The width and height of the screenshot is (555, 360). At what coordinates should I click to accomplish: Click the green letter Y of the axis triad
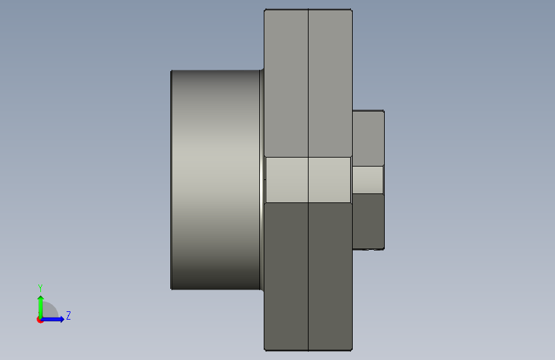pyautogui.click(x=40, y=288)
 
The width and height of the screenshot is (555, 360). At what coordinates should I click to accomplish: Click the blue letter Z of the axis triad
pyautogui.click(x=68, y=315)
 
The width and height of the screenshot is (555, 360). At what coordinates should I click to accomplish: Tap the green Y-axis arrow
pyautogui.click(x=41, y=307)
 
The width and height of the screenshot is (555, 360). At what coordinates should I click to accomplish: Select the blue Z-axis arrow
pyautogui.click(x=52, y=319)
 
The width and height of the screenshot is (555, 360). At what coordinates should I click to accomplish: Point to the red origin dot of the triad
pyautogui.click(x=40, y=320)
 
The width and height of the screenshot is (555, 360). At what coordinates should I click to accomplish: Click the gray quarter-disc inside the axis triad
pyautogui.click(x=49, y=310)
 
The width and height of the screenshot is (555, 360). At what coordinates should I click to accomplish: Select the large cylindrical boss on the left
pyautogui.click(x=216, y=180)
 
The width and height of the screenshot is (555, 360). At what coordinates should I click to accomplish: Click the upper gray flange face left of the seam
pyautogui.click(x=286, y=83)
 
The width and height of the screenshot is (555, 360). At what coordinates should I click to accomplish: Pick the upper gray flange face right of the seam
pyautogui.click(x=330, y=83)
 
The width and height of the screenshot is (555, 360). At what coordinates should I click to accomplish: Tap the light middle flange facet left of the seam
pyautogui.click(x=287, y=180)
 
